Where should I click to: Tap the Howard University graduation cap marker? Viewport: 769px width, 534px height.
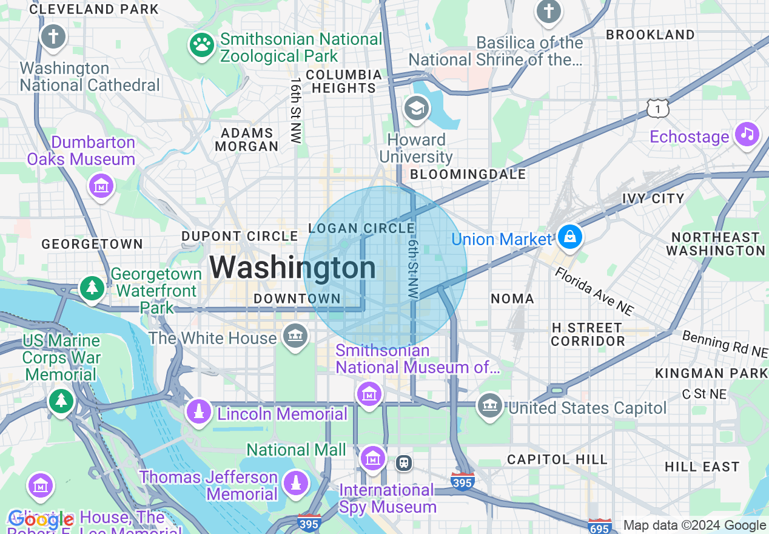416,109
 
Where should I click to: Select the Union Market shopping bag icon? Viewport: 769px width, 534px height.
570,237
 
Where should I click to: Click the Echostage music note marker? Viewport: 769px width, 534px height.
747,134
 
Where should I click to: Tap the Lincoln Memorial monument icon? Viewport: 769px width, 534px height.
198,413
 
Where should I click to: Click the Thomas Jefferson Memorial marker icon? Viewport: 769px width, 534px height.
296,484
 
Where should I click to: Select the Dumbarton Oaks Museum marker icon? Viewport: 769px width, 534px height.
101,186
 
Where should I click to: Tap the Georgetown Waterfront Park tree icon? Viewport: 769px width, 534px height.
92,288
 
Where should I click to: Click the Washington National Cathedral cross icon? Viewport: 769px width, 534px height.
53,36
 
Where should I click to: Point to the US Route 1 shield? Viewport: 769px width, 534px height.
657,109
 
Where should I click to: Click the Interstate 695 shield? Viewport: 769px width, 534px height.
599,526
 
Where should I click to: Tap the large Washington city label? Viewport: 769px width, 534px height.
293,268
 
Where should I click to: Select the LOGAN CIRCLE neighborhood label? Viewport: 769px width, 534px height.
361,229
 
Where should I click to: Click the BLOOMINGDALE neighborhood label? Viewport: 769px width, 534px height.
468,175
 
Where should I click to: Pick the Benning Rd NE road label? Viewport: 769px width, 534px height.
725,343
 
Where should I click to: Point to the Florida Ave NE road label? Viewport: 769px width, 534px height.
594,291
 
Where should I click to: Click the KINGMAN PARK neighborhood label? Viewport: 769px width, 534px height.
711,373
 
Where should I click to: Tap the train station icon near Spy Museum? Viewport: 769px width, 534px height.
404,463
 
